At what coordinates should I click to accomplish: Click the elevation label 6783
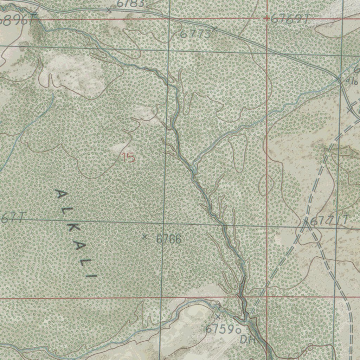click(130, 4)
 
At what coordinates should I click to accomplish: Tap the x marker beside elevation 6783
click(109, 11)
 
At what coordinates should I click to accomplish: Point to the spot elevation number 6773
click(195, 34)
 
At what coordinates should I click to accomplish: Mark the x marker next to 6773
click(214, 28)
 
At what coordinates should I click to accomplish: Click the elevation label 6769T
click(290, 20)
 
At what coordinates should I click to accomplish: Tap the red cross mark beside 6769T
click(267, 19)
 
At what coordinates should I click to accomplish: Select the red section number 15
click(129, 157)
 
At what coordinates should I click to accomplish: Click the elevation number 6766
click(169, 239)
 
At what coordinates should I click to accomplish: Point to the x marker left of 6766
click(144, 237)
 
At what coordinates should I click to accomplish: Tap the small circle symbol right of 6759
click(238, 330)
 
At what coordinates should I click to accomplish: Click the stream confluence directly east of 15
click(193, 165)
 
